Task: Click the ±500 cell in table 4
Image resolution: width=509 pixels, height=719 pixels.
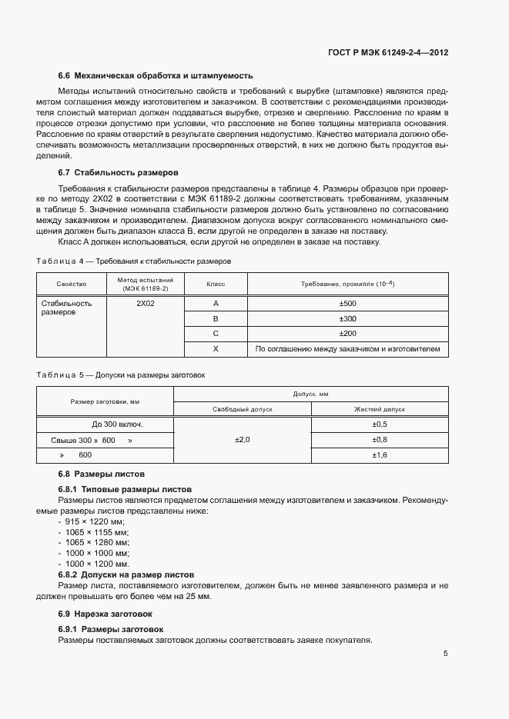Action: pos(347,303)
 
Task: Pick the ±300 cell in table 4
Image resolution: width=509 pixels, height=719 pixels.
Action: pos(347,318)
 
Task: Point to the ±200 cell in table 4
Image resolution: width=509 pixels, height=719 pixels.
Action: pos(347,334)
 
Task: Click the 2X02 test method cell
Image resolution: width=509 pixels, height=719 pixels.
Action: pos(146,303)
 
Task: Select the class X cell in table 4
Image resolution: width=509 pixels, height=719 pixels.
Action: pos(216,349)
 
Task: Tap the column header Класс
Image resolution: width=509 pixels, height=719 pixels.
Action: pos(216,284)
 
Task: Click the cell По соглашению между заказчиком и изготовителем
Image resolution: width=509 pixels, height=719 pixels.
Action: pos(347,349)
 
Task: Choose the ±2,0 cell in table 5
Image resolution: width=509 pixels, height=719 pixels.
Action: pos(243,440)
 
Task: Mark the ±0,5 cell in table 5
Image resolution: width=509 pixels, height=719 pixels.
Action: pos(380,424)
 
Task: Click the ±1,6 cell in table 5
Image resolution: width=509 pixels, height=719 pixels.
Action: pos(380,455)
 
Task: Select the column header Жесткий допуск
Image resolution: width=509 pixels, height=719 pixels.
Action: pos(380,409)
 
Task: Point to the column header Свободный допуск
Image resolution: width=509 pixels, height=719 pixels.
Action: pos(243,409)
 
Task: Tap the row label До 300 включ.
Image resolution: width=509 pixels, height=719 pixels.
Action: pos(118,424)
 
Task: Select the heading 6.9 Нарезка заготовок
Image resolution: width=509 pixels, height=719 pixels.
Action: pos(105,614)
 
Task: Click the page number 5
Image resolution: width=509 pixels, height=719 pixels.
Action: pos(445,654)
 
